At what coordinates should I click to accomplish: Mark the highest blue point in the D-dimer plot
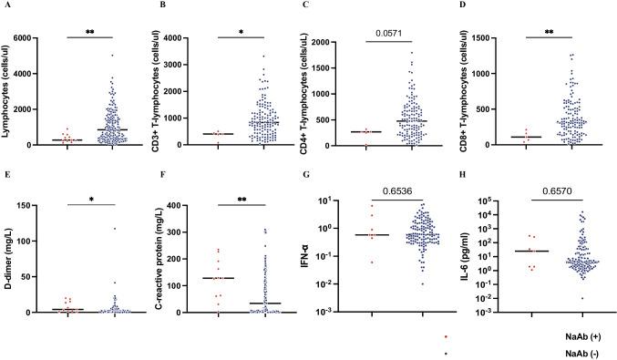[115, 228]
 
